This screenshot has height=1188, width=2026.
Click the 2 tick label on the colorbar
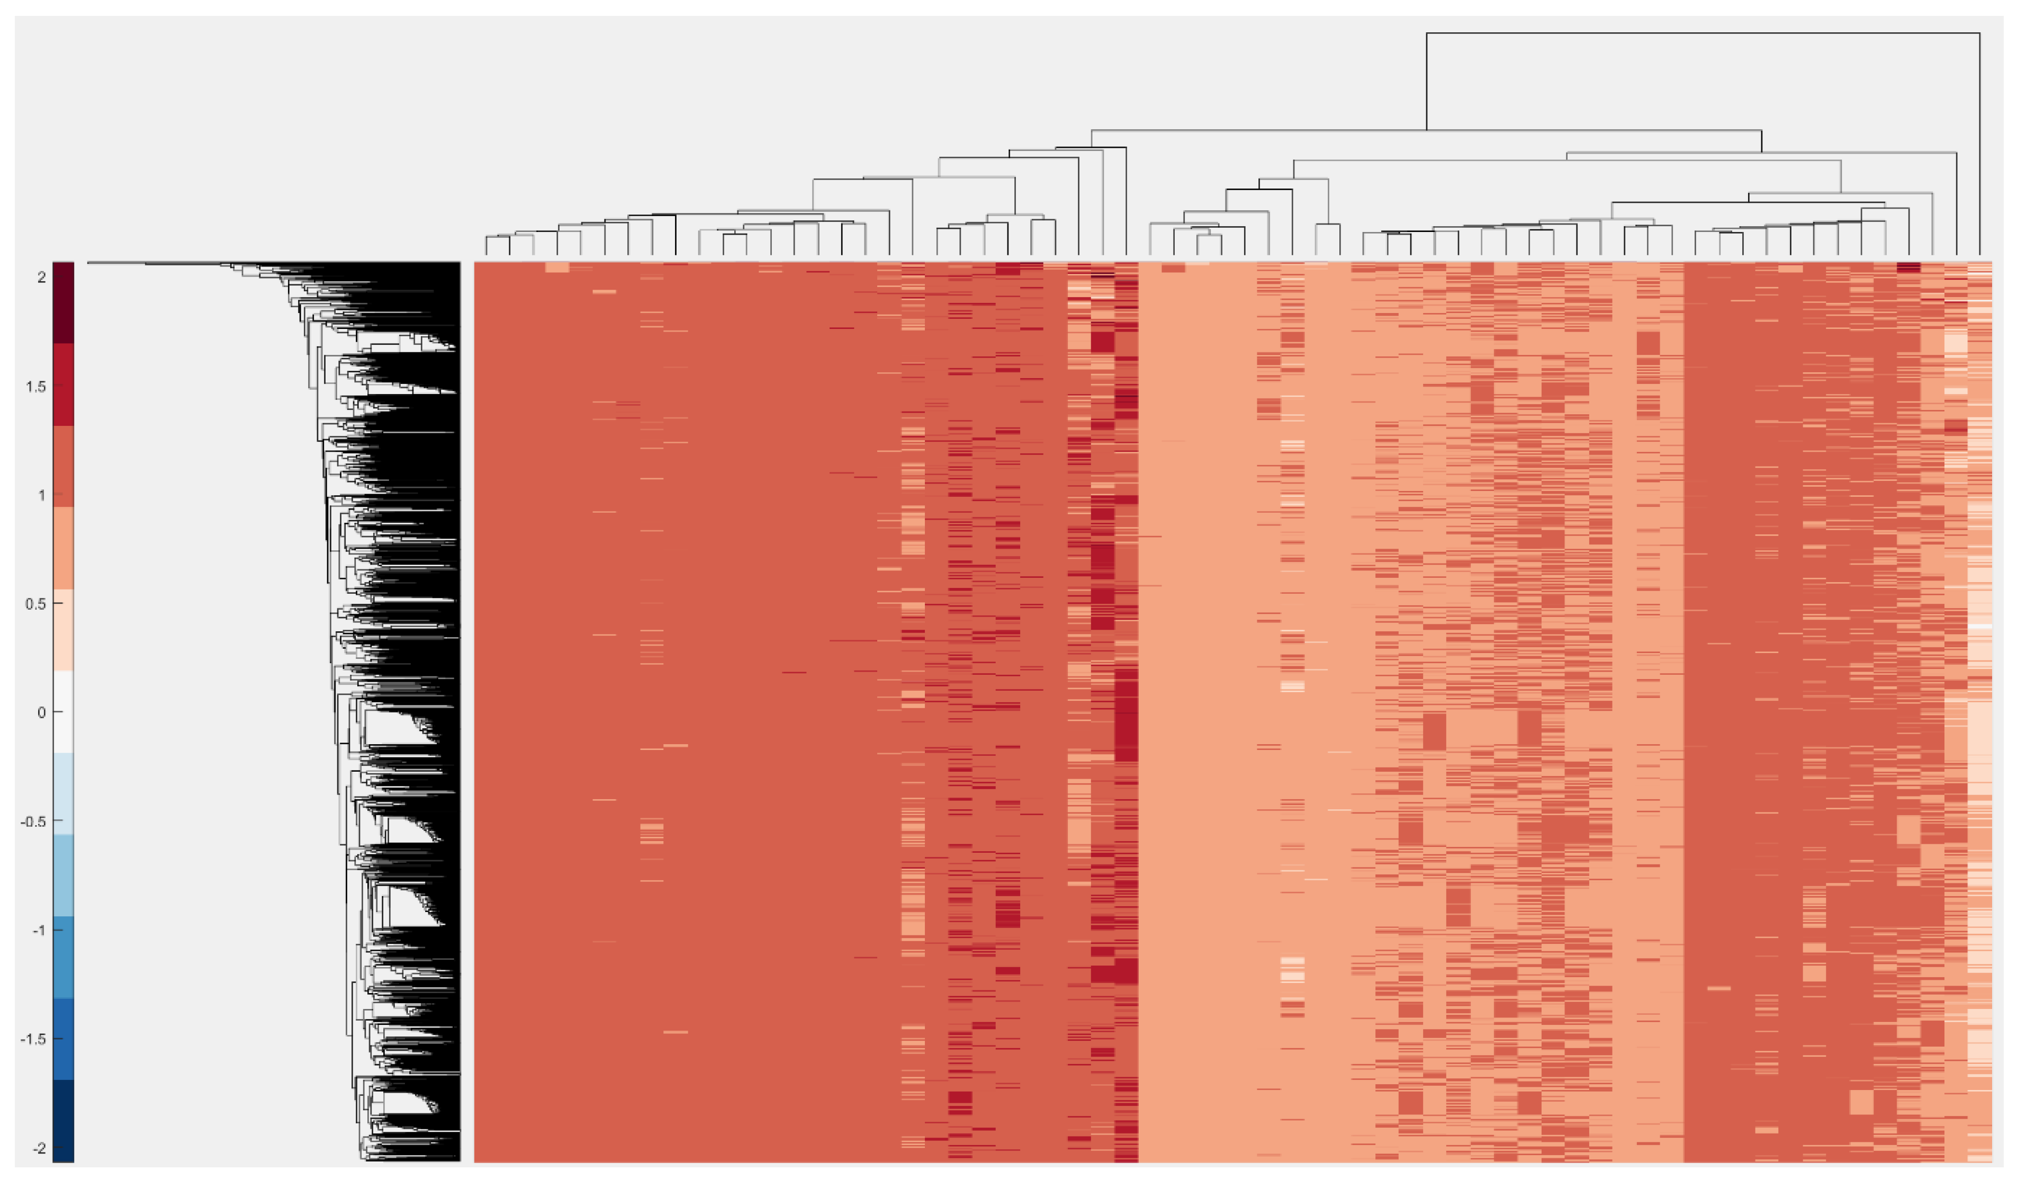[40, 278]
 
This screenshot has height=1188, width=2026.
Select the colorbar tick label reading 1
[40, 495]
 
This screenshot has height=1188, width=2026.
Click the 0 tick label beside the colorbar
[41, 712]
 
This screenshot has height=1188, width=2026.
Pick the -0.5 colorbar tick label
[32, 821]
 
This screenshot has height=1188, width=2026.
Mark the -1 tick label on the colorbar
[38, 931]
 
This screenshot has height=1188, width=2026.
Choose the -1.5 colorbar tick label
[32, 1039]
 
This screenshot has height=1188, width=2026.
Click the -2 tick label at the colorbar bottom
[38, 1149]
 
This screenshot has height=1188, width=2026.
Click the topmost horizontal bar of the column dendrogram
[1703, 33]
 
